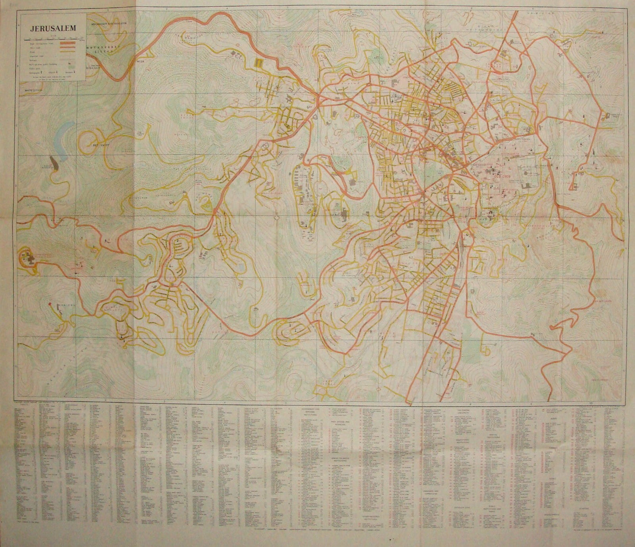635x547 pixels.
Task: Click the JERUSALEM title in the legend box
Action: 52,28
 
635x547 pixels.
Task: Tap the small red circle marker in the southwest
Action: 51,304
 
